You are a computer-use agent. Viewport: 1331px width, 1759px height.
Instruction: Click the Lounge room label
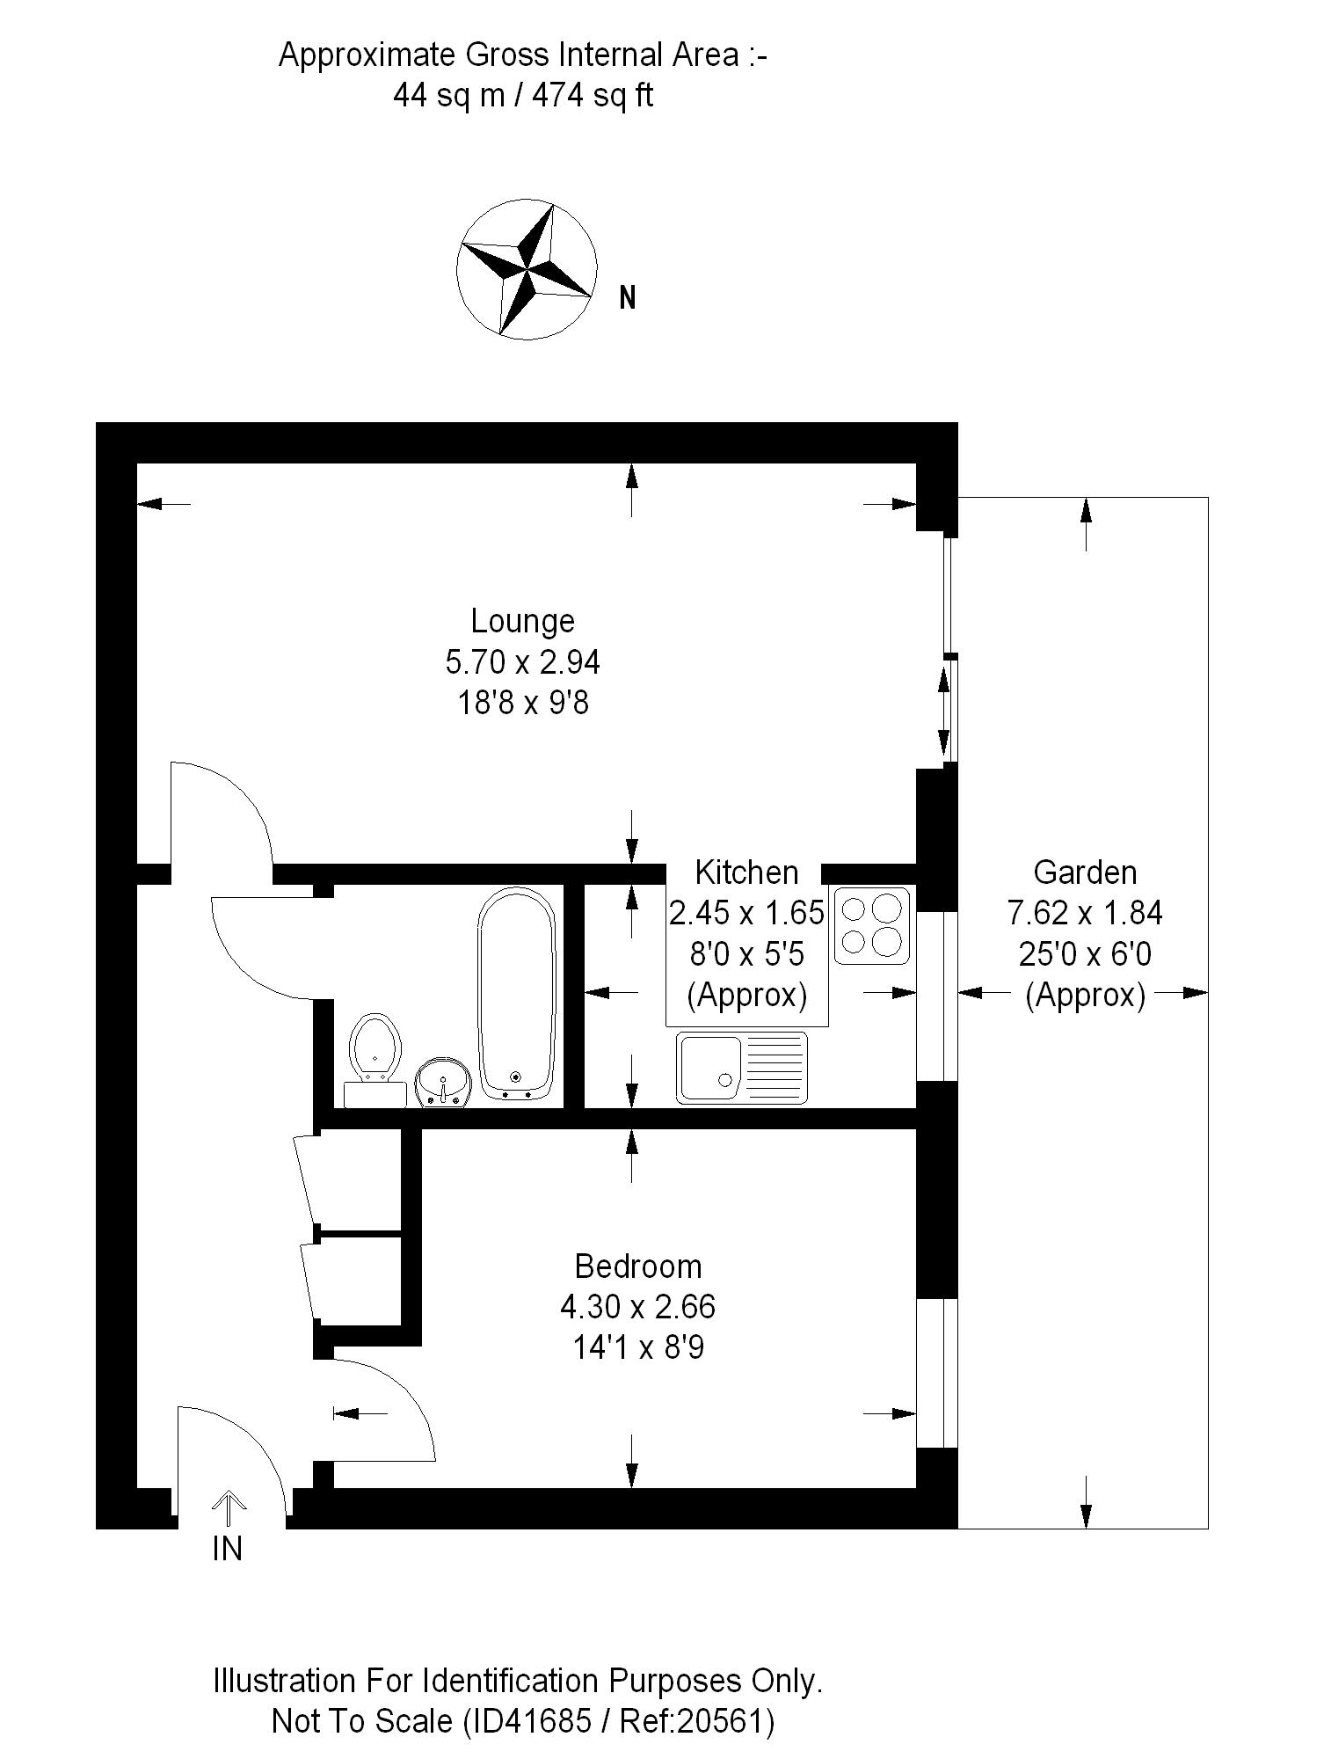pyautogui.click(x=522, y=621)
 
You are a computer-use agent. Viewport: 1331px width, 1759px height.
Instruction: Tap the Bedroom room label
pyautogui.click(x=638, y=1266)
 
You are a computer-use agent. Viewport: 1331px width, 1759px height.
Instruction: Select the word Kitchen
pyautogui.click(x=746, y=872)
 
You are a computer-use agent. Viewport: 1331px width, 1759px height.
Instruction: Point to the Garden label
pyautogui.click(x=1085, y=872)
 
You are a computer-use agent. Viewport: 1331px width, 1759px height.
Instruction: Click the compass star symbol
pyautogui.click(x=526, y=269)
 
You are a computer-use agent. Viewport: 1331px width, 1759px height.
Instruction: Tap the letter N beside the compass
pyautogui.click(x=627, y=298)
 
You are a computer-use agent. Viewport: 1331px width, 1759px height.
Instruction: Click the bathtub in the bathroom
pyautogui.click(x=517, y=994)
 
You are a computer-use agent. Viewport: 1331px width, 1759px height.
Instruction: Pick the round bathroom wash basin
pyautogui.click(x=443, y=1082)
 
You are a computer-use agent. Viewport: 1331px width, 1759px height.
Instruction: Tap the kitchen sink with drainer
pyautogui.click(x=741, y=1067)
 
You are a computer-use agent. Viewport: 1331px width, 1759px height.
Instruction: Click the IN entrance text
pyautogui.click(x=228, y=1549)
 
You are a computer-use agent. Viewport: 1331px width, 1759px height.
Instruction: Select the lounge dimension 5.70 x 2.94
pyautogui.click(x=522, y=661)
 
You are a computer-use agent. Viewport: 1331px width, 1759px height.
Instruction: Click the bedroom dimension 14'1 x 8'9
pyautogui.click(x=638, y=1347)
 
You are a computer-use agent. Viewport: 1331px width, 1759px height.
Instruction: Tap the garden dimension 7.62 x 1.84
pyautogui.click(x=1085, y=914)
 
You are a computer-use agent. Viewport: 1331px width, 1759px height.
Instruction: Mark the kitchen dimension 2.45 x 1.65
pyautogui.click(x=746, y=913)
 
